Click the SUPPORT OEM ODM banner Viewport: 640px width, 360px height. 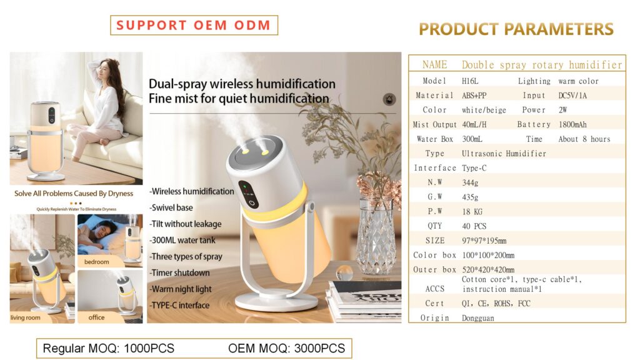point(194,25)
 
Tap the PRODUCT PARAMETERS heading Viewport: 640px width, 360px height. point(516,29)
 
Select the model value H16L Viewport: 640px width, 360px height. point(470,81)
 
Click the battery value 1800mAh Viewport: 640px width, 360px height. point(572,124)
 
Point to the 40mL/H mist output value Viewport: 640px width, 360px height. point(474,124)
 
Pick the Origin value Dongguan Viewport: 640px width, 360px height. point(478,318)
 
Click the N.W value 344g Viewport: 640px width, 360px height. point(470,182)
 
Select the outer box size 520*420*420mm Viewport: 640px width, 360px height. point(488,269)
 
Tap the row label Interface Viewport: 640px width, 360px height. point(435,167)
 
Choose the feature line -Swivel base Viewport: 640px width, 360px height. point(171,207)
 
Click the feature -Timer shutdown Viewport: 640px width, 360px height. point(179,272)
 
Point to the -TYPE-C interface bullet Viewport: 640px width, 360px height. point(179,305)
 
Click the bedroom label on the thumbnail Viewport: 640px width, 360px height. point(97,262)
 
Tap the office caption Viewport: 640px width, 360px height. point(96,317)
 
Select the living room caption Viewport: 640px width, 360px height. point(25,317)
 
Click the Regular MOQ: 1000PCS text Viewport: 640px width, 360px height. point(109,348)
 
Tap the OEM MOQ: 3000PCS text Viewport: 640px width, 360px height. point(286,348)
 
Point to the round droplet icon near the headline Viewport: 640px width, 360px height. point(389,99)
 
